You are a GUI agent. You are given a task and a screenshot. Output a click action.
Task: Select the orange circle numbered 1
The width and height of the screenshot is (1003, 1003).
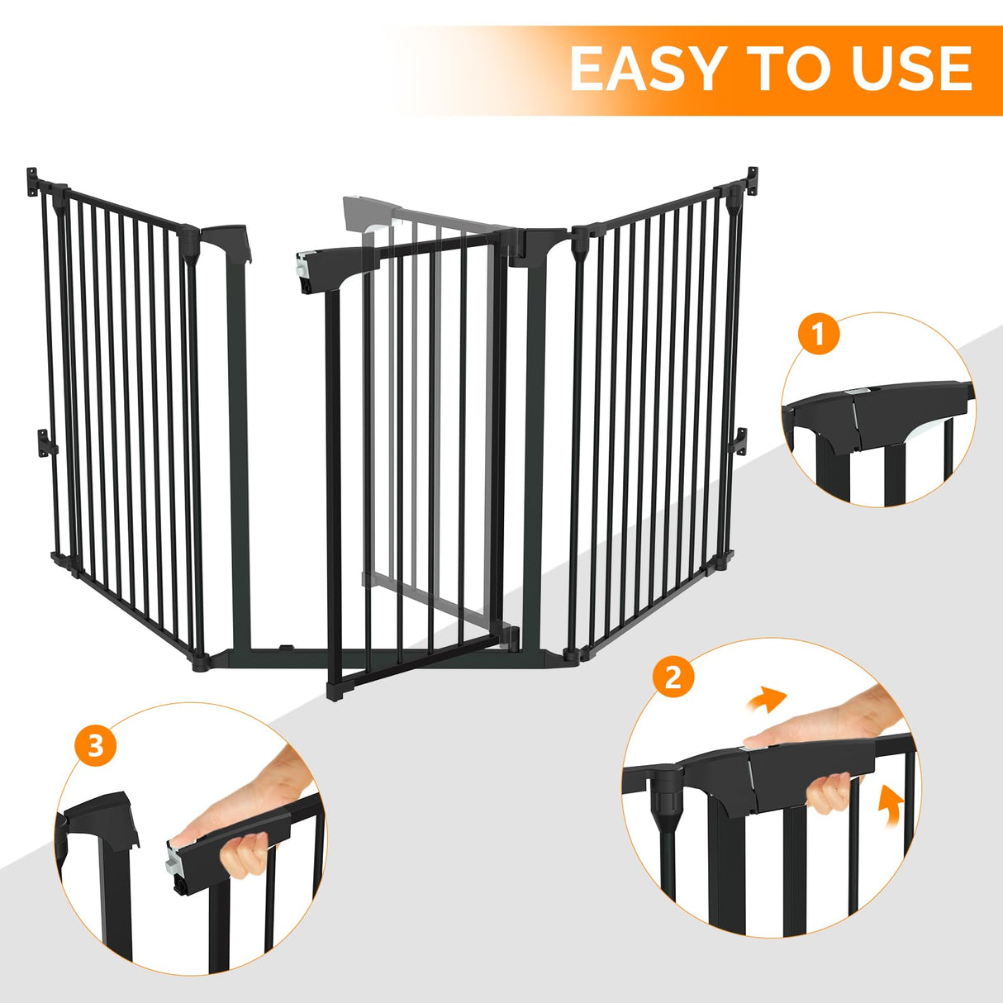(x=818, y=335)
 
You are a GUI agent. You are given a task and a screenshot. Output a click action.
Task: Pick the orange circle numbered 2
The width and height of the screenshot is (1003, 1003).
(x=673, y=677)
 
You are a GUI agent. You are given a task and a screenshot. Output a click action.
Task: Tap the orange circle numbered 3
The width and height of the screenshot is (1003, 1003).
(x=96, y=746)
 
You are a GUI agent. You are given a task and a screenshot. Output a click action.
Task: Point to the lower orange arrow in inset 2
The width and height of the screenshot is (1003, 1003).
(x=889, y=804)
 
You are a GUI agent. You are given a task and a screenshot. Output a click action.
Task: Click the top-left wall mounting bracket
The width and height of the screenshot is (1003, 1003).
(x=34, y=180)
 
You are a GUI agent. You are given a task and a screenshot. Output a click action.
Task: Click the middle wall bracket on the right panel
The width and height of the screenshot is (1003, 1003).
(x=740, y=440)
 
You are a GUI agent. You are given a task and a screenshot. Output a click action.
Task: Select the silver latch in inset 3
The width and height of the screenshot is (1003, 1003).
(x=174, y=860)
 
